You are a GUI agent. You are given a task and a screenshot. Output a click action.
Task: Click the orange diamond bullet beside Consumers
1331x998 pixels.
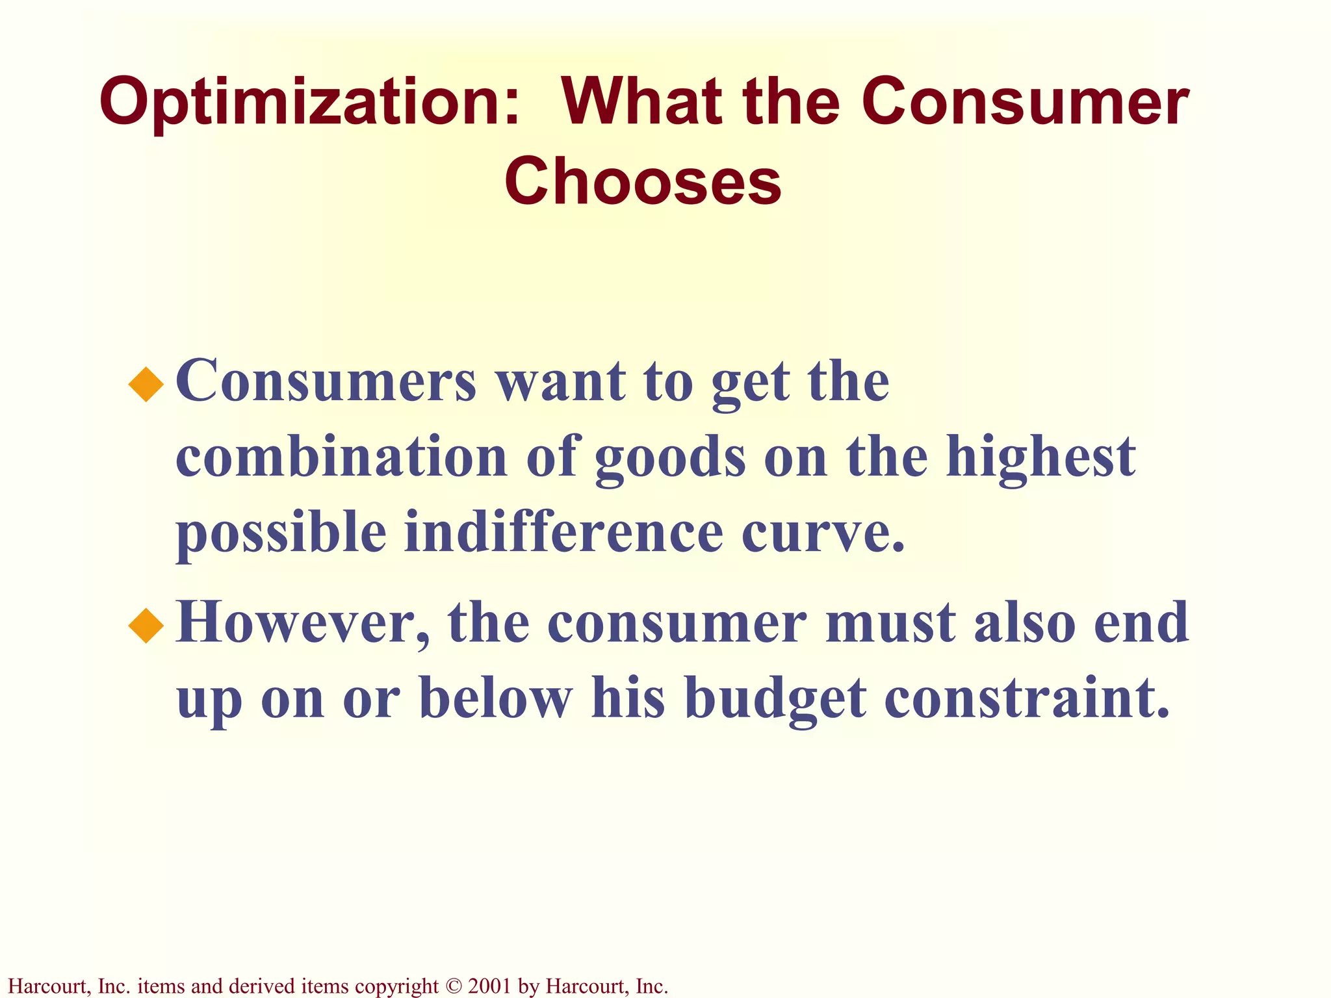(x=146, y=385)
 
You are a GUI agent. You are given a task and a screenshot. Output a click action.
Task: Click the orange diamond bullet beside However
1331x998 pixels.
(x=146, y=626)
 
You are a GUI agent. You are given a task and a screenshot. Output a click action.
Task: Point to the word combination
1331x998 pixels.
(x=341, y=456)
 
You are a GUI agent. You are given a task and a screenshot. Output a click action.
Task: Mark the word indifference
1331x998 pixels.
(x=563, y=532)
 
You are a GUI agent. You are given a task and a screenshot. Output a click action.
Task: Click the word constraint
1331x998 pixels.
(x=1027, y=698)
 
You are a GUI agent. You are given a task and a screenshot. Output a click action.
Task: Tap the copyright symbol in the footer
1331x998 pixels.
(x=453, y=986)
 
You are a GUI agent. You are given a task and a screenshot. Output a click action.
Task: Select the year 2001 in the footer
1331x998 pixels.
(x=489, y=986)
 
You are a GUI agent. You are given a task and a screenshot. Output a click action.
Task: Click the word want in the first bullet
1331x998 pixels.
(x=562, y=383)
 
